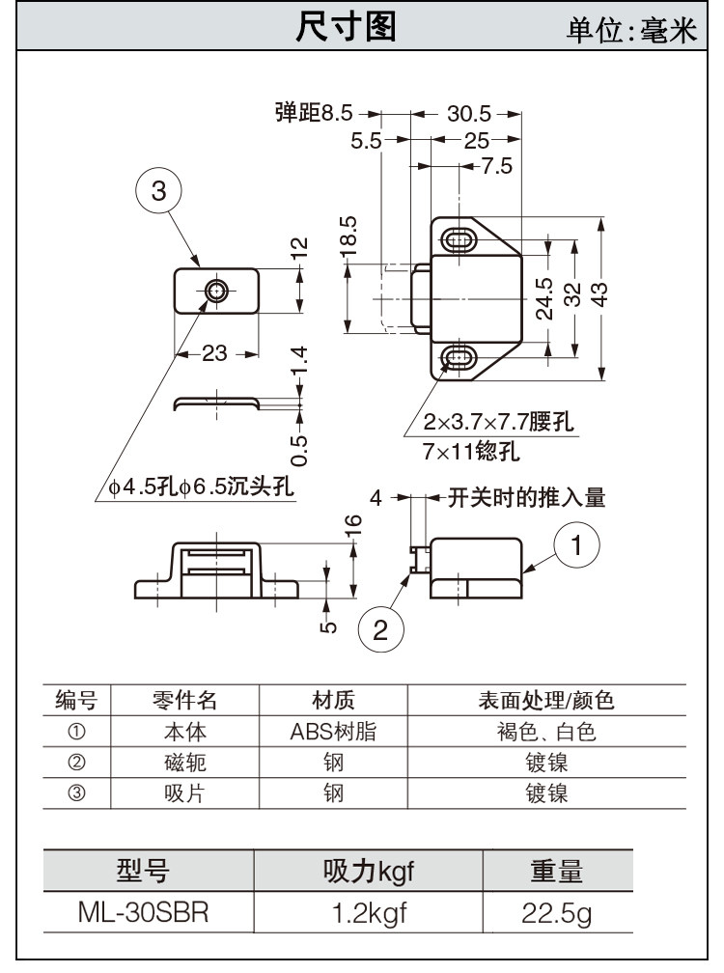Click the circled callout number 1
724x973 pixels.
(576, 545)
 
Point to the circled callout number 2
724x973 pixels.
(380, 630)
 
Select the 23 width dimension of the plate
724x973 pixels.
(214, 353)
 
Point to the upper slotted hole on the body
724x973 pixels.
(459, 237)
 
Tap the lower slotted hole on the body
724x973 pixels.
(459, 360)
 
